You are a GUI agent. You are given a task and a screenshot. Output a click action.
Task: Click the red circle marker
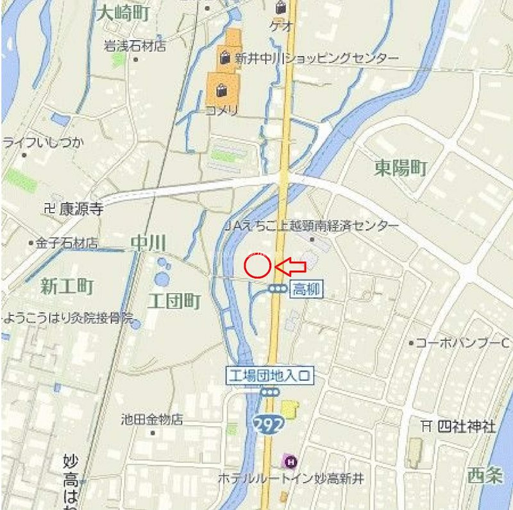point(257,266)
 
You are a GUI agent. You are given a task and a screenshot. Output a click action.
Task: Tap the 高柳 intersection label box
point(307,289)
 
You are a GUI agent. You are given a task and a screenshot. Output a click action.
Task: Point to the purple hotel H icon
point(290,460)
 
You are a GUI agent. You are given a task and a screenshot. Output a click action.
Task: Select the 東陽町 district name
point(401,169)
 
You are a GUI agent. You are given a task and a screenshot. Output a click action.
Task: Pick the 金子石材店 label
point(66,243)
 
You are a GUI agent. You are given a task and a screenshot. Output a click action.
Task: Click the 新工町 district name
point(67,286)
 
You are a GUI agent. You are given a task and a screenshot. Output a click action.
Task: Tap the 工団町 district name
point(174,301)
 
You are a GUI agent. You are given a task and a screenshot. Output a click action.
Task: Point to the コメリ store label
point(222,111)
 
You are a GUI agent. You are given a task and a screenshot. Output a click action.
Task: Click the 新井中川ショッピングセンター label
point(317,58)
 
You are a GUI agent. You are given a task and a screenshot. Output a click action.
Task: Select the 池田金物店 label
point(152,420)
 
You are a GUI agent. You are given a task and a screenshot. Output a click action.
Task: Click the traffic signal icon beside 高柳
point(278,289)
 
